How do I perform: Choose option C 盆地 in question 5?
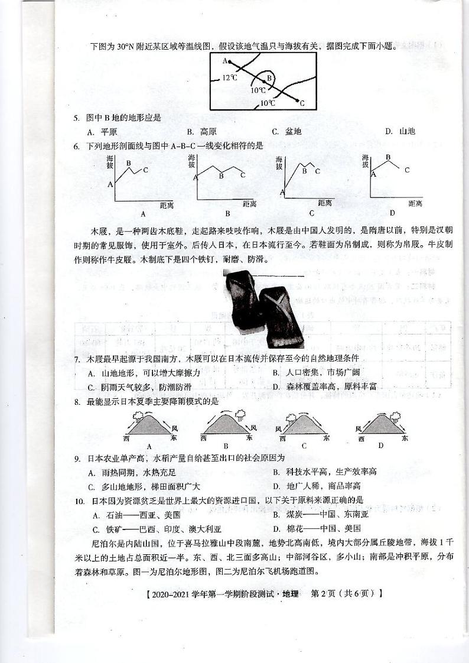pos(286,131)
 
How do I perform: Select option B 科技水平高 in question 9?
pos(324,472)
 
